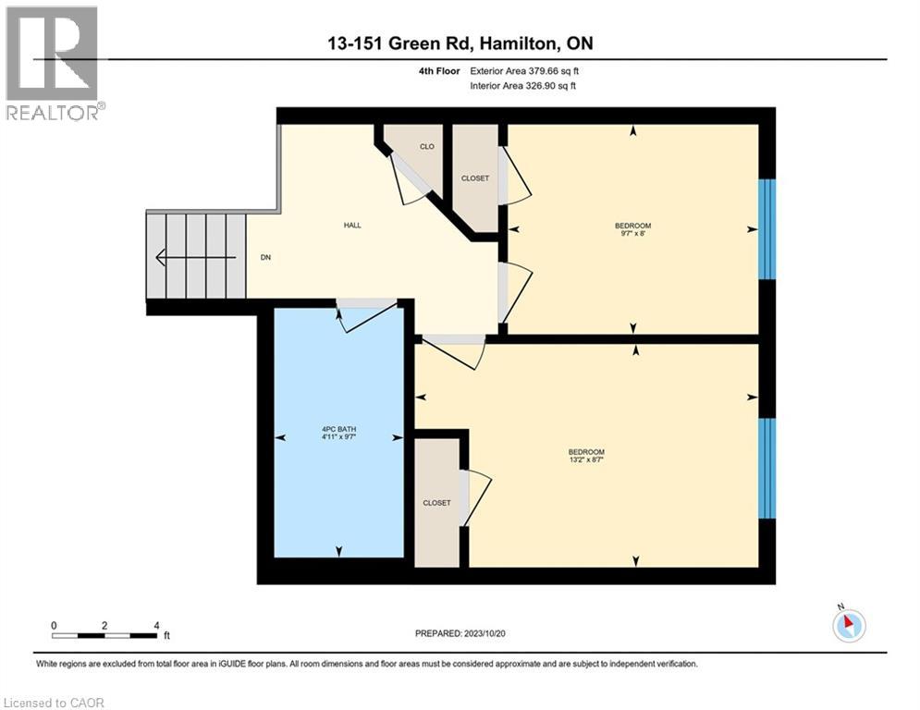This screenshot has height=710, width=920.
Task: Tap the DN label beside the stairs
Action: tap(265, 258)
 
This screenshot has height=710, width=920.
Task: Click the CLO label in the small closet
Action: tap(426, 146)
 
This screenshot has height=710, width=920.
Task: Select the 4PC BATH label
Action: tap(338, 429)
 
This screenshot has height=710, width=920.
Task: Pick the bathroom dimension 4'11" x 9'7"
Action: tap(338, 437)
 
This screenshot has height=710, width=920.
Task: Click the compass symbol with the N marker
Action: tap(848, 625)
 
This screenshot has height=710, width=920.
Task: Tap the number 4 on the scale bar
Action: tap(156, 625)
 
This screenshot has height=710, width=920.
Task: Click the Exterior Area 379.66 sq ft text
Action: tap(524, 70)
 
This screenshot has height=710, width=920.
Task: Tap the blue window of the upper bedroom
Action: tap(767, 229)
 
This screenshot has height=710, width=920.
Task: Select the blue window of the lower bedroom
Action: tap(767, 468)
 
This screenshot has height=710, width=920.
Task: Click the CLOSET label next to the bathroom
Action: tap(436, 503)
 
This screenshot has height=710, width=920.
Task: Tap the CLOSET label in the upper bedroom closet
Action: tap(475, 178)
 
